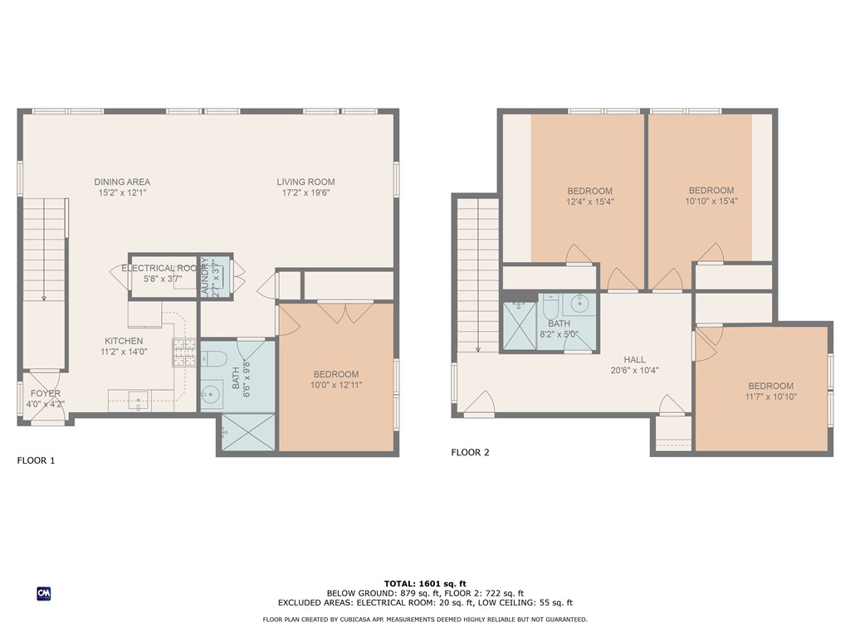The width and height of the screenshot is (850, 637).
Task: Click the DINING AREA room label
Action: tap(122, 182)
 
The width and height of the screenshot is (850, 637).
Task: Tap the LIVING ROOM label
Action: tap(305, 182)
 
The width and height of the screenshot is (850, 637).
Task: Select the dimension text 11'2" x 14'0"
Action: tap(124, 352)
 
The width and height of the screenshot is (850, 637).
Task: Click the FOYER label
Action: tap(46, 393)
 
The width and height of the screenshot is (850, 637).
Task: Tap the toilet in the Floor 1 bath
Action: tap(214, 359)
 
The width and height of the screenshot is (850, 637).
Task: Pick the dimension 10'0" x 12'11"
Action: tap(336, 385)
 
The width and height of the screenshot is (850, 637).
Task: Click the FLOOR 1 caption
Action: tap(36, 460)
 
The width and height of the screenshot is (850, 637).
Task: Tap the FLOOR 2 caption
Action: tap(470, 452)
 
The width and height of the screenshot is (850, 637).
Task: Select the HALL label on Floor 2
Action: tap(635, 359)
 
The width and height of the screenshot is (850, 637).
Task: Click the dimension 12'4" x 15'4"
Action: tap(590, 201)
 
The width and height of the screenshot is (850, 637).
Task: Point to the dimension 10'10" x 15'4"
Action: tap(711, 201)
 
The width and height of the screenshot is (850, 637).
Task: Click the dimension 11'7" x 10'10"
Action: tap(771, 396)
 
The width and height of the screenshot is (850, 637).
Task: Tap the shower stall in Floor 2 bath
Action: tap(520, 326)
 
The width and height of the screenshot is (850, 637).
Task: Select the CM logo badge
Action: tap(44, 593)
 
